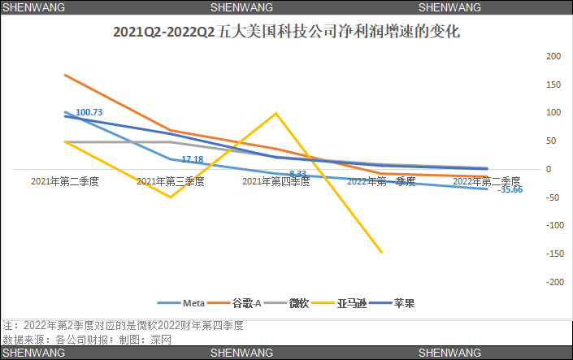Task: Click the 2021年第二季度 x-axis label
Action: coord(64,182)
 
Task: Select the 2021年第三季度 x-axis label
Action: coord(170,182)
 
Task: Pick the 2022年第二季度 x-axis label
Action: coord(486,181)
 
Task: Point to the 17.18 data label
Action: coord(192,159)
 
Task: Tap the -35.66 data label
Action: coord(510,190)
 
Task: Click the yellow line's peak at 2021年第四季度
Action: coord(276,113)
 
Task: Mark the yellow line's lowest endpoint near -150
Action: coord(381,253)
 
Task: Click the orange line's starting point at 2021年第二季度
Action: coord(65,75)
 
